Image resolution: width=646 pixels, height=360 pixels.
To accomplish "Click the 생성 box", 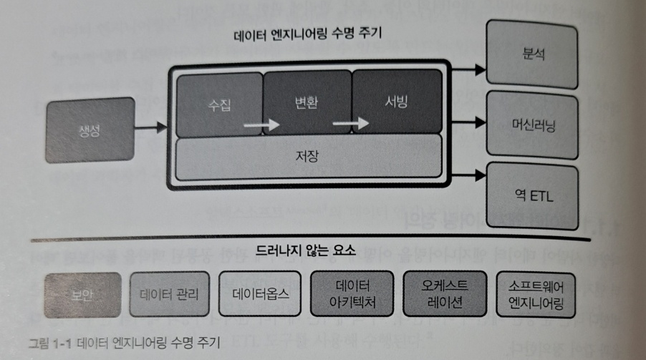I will point(90,130).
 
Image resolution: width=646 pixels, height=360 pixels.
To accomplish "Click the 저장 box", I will point(308,157).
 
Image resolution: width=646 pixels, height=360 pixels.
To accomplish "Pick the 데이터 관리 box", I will point(170,293).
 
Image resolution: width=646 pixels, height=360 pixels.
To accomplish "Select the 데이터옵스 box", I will point(261,293).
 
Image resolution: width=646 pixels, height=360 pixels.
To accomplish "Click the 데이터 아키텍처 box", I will point(354,293).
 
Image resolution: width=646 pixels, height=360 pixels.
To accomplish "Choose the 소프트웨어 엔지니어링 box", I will point(534,293).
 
